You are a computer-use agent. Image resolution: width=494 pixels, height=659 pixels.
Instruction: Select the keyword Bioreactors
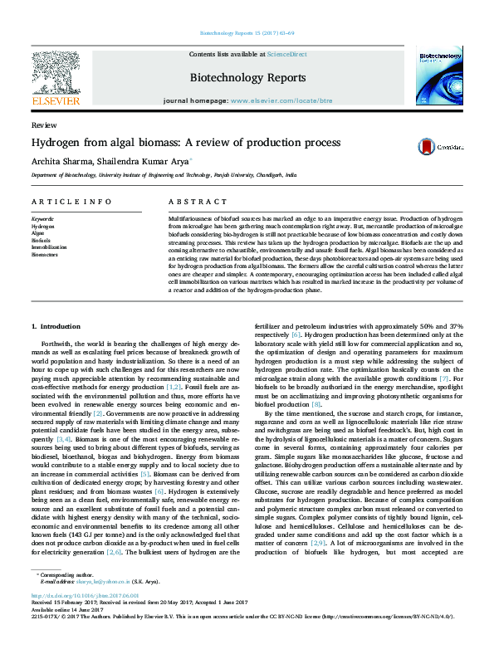point(44,253)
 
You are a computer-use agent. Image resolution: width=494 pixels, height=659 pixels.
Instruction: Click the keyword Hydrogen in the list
point(42,226)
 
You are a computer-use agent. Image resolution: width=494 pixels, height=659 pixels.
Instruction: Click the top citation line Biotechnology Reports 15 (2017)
point(247,34)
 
